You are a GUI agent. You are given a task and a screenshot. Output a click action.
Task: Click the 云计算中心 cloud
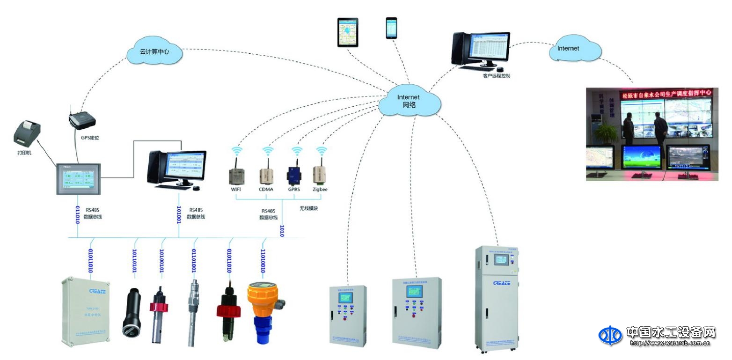point(154,51)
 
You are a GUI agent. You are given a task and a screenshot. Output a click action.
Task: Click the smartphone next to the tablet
point(391,28)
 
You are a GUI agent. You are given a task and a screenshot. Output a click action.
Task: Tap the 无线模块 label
point(308,208)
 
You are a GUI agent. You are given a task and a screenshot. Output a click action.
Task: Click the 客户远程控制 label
point(496,75)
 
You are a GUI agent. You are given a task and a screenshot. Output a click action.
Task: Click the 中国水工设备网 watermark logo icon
point(610,335)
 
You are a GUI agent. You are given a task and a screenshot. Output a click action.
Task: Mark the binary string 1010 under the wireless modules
point(282,231)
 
